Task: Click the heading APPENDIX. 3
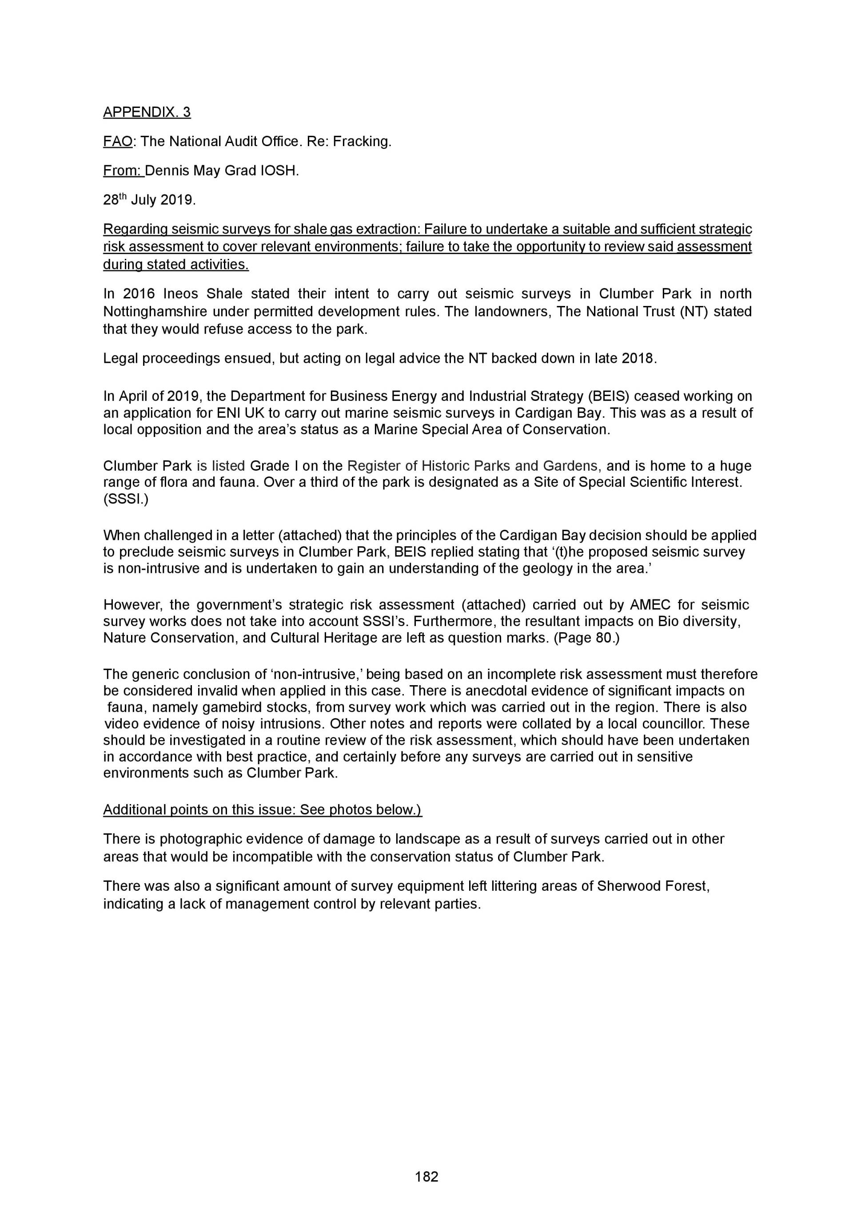coord(147,112)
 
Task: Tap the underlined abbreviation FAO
coord(118,141)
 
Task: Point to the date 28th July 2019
coord(149,200)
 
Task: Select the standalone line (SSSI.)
coord(126,499)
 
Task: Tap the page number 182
coord(426,1177)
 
